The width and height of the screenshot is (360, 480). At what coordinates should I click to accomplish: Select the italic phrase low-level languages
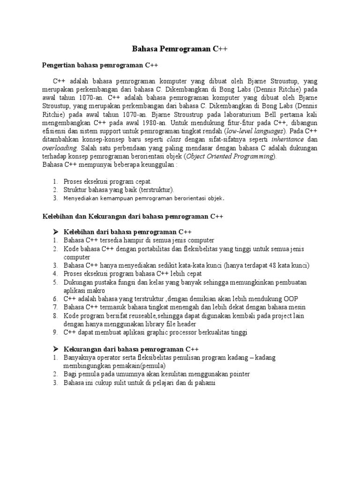[x=244, y=131]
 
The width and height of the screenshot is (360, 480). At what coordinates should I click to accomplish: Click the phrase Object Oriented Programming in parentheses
[x=225, y=157]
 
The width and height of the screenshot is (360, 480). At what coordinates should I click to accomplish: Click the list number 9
[x=54, y=332]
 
